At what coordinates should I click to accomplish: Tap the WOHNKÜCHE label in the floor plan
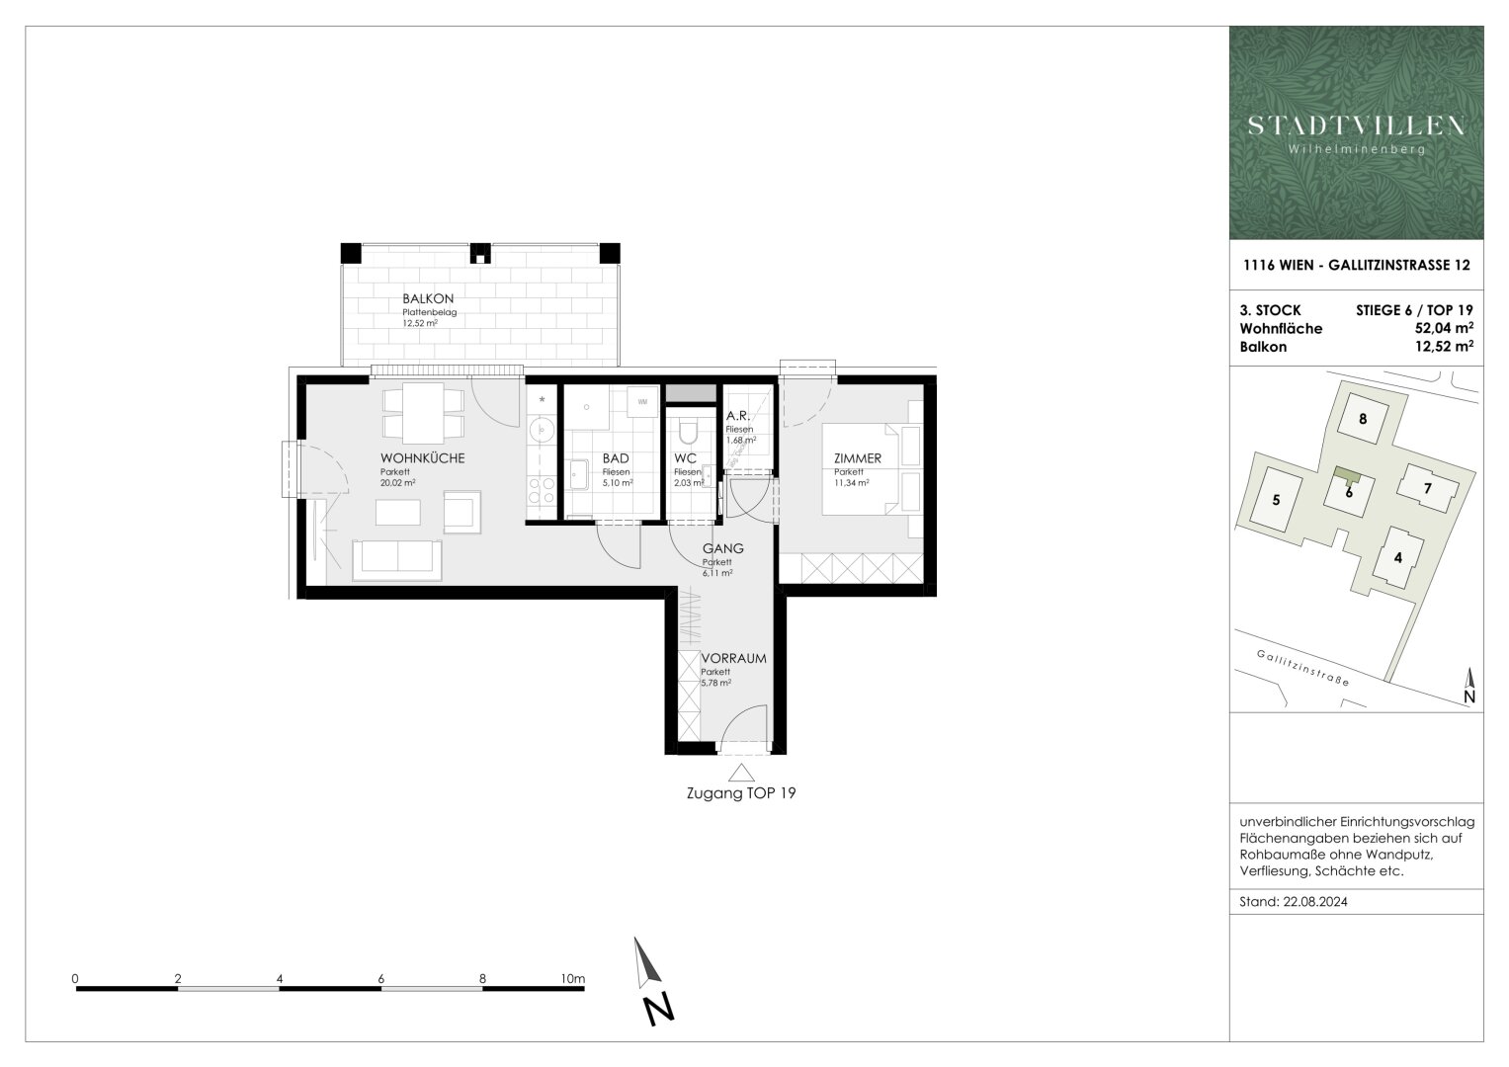(422, 458)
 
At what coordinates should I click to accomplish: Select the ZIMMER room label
(857, 458)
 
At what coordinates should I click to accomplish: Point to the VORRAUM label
(733, 658)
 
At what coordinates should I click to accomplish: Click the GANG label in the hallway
(722, 549)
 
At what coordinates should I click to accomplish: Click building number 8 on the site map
(1363, 419)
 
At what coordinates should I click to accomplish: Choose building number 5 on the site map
(1276, 500)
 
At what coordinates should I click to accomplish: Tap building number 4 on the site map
(1397, 557)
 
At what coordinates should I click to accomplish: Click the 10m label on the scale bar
(572, 979)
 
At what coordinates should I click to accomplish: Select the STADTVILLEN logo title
(1356, 125)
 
